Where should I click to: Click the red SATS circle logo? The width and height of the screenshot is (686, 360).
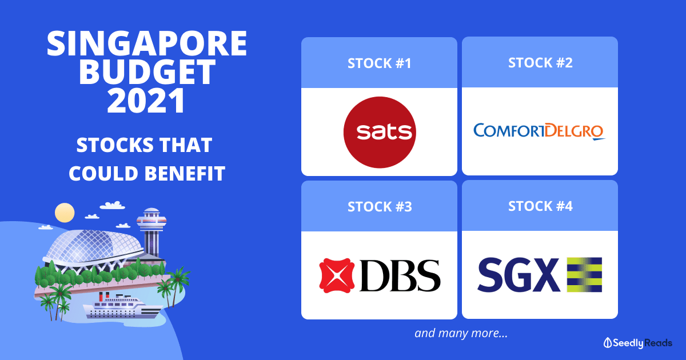click(380, 131)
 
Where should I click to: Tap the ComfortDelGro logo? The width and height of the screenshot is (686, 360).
click(539, 131)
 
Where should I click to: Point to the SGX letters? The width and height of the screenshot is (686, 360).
click(518, 274)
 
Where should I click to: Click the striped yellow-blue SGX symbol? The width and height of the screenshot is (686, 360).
click(584, 274)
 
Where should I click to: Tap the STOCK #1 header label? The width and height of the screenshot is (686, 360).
click(379, 63)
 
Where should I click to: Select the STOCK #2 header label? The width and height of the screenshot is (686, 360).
click(540, 63)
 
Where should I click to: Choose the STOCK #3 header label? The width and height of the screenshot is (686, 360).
click(379, 206)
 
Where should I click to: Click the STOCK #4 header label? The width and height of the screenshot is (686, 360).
click(540, 206)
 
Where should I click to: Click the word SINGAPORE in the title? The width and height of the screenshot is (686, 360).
click(147, 44)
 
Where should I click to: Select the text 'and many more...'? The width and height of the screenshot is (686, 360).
click(461, 333)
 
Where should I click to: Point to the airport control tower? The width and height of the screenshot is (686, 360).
click(150, 231)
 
